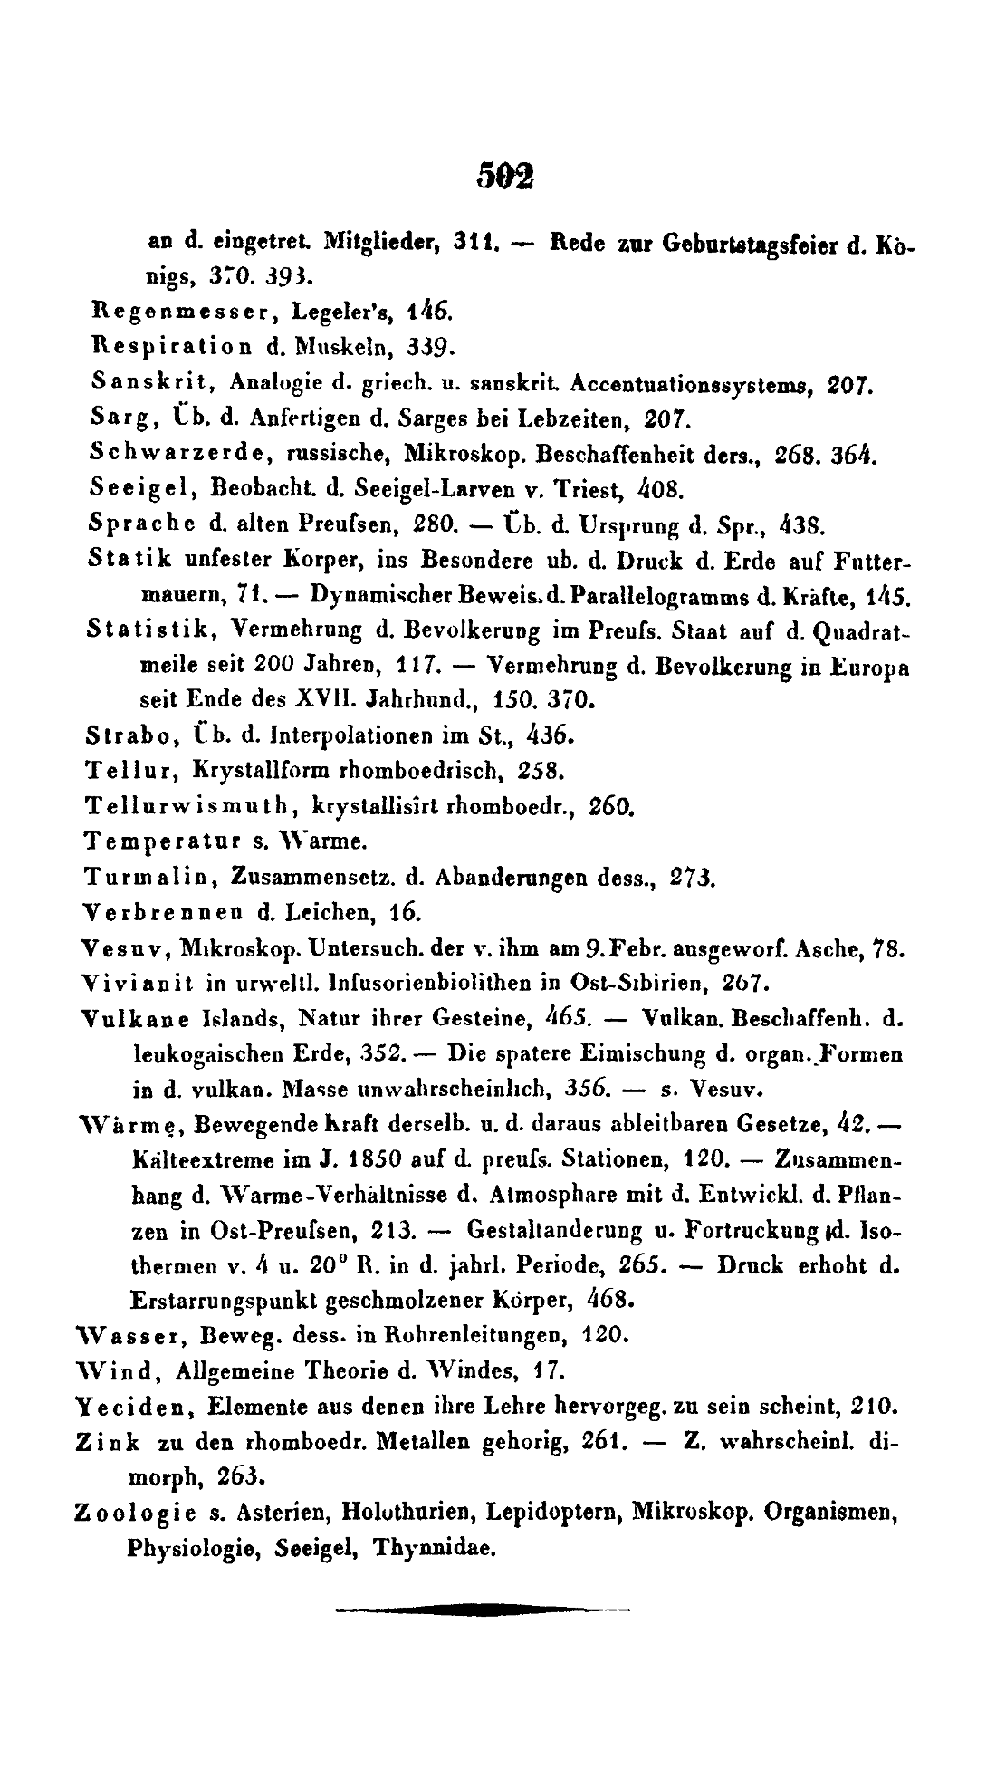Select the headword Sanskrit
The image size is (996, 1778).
(151, 382)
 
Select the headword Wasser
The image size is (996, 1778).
(129, 1334)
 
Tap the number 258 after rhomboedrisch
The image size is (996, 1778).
(541, 770)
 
